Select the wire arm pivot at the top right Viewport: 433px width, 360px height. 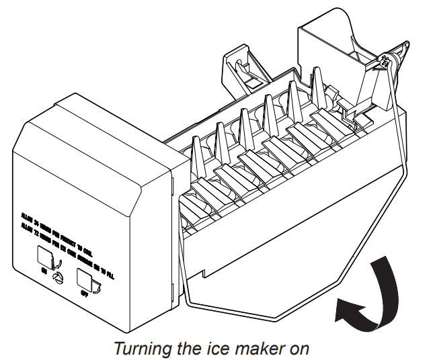click(x=386, y=62)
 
